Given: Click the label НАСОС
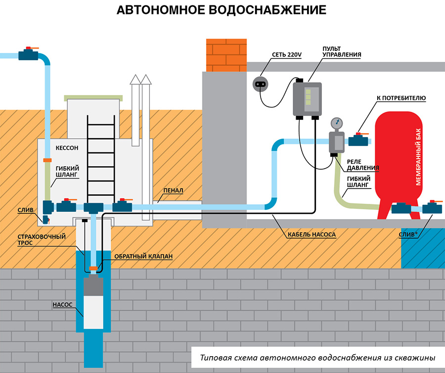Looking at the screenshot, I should (x=62, y=305).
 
